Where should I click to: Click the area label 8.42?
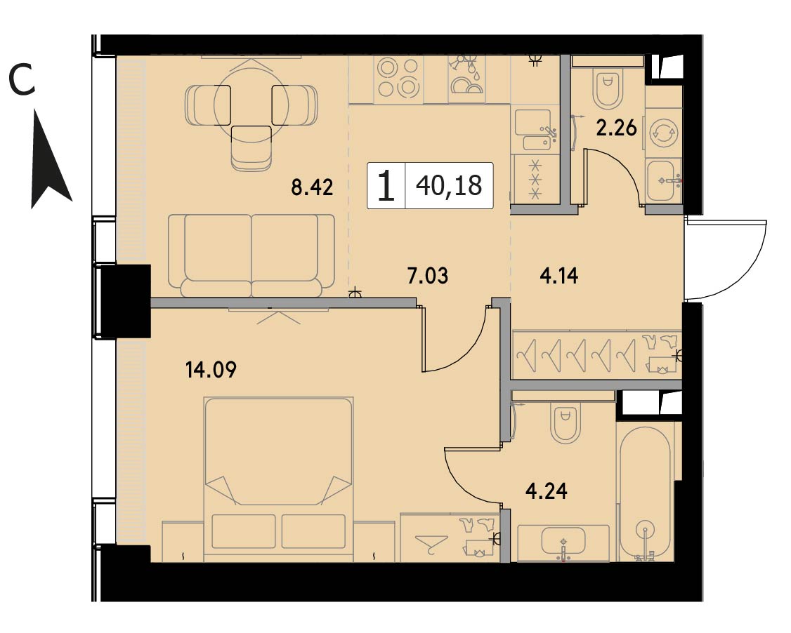click(312, 187)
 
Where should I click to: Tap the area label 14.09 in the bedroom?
click(211, 371)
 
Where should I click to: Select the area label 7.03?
click(427, 276)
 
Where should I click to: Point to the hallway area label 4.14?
click(559, 276)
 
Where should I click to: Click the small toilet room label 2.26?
click(616, 128)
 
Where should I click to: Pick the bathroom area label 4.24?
click(547, 491)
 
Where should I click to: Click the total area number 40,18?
click(449, 185)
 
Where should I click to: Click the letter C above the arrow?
click(22, 82)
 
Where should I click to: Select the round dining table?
click(251, 105)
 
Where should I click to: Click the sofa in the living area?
click(251, 255)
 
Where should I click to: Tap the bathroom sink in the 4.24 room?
click(563, 542)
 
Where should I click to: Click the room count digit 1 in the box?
click(386, 186)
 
